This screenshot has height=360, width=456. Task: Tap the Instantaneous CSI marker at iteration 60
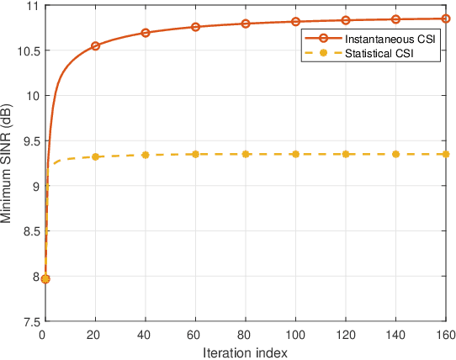[x=195, y=27]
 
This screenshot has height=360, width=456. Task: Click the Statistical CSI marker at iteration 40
[x=146, y=155]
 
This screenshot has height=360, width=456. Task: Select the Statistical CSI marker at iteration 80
[x=246, y=154]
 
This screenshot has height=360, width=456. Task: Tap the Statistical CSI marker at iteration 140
[x=395, y=154]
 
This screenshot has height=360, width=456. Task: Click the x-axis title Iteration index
[x=245, y=352]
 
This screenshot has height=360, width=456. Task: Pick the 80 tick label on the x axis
[x=246, y=335]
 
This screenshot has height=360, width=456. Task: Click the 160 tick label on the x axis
[x=445, y=335]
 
